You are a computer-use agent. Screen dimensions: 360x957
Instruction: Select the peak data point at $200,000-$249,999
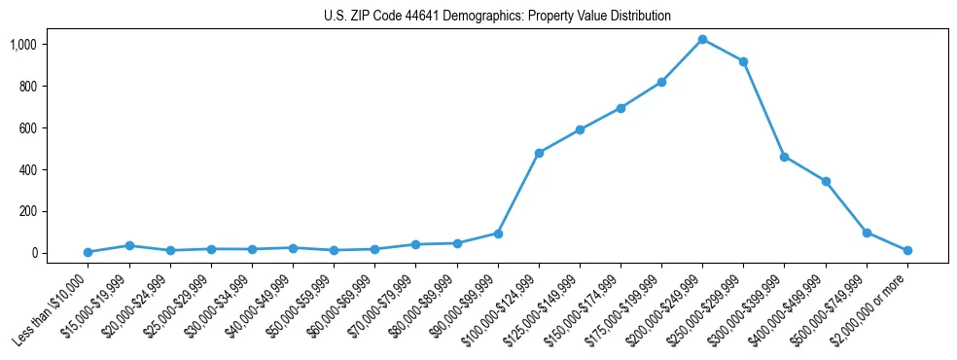pos(702,39)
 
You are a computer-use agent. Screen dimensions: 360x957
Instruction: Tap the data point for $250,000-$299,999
pos(743,61)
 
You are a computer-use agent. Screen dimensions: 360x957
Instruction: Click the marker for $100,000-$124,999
pos(539,153)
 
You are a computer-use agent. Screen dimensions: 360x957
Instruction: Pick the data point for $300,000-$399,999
pos(784,157)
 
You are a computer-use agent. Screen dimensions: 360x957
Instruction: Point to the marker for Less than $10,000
pos(88,252)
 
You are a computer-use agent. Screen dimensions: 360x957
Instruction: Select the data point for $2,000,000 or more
pos(907,250)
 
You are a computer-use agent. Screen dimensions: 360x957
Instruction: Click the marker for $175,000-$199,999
pos(661,82)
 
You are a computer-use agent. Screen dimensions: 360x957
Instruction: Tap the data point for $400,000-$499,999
pos(826,181)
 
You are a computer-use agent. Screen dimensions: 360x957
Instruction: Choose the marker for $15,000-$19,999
pos(129,245)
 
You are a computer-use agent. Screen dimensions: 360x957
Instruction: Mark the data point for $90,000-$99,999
pos(498,234)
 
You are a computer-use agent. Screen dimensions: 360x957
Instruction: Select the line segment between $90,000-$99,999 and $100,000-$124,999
pos(518,193)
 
